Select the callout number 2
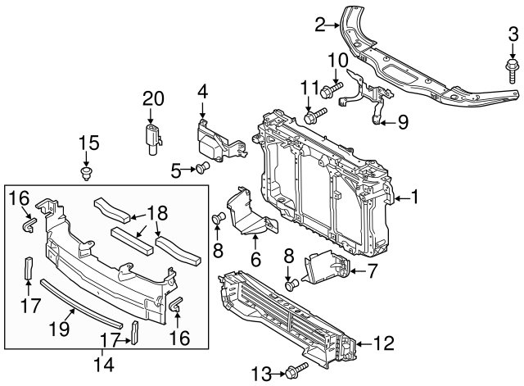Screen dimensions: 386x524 (321, 25)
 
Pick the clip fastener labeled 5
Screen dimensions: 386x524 (202, 169)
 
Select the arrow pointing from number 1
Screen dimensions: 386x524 (400, 197)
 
